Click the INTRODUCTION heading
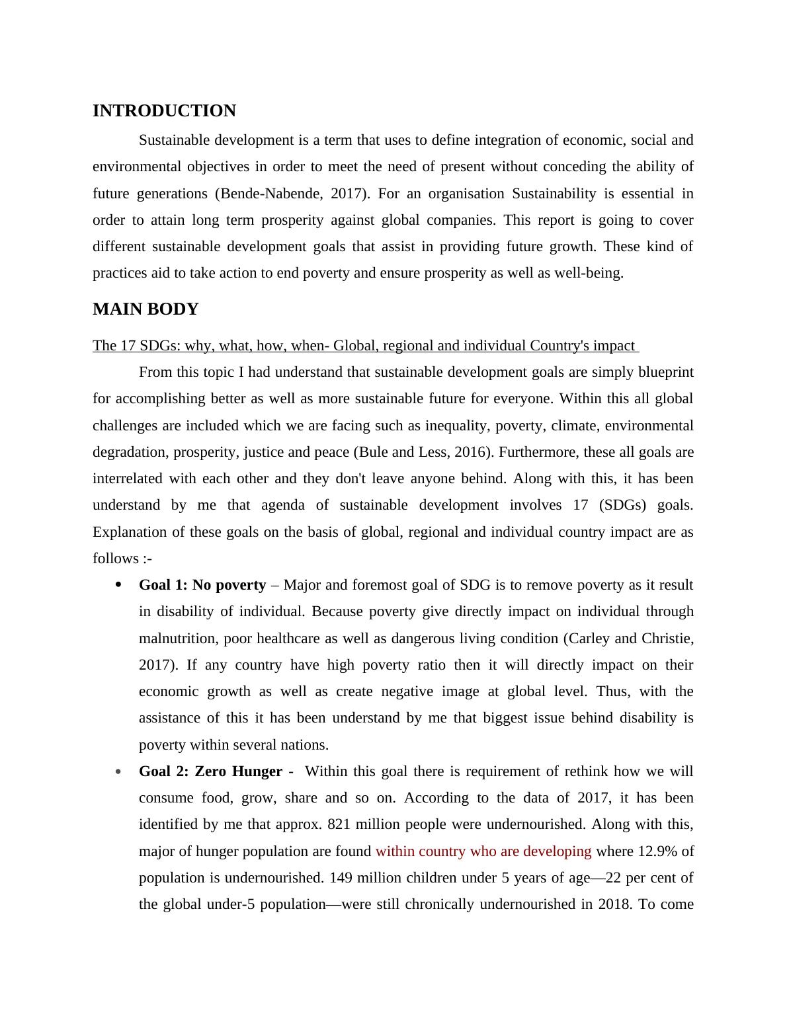(164, 111)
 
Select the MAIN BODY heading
(145, 309)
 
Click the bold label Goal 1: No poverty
(202, 585)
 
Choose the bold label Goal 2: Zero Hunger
(210, 771)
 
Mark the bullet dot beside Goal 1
(118, 585)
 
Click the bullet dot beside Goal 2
(118, 771)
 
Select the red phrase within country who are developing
(483, 851)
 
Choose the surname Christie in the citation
(666, 639)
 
